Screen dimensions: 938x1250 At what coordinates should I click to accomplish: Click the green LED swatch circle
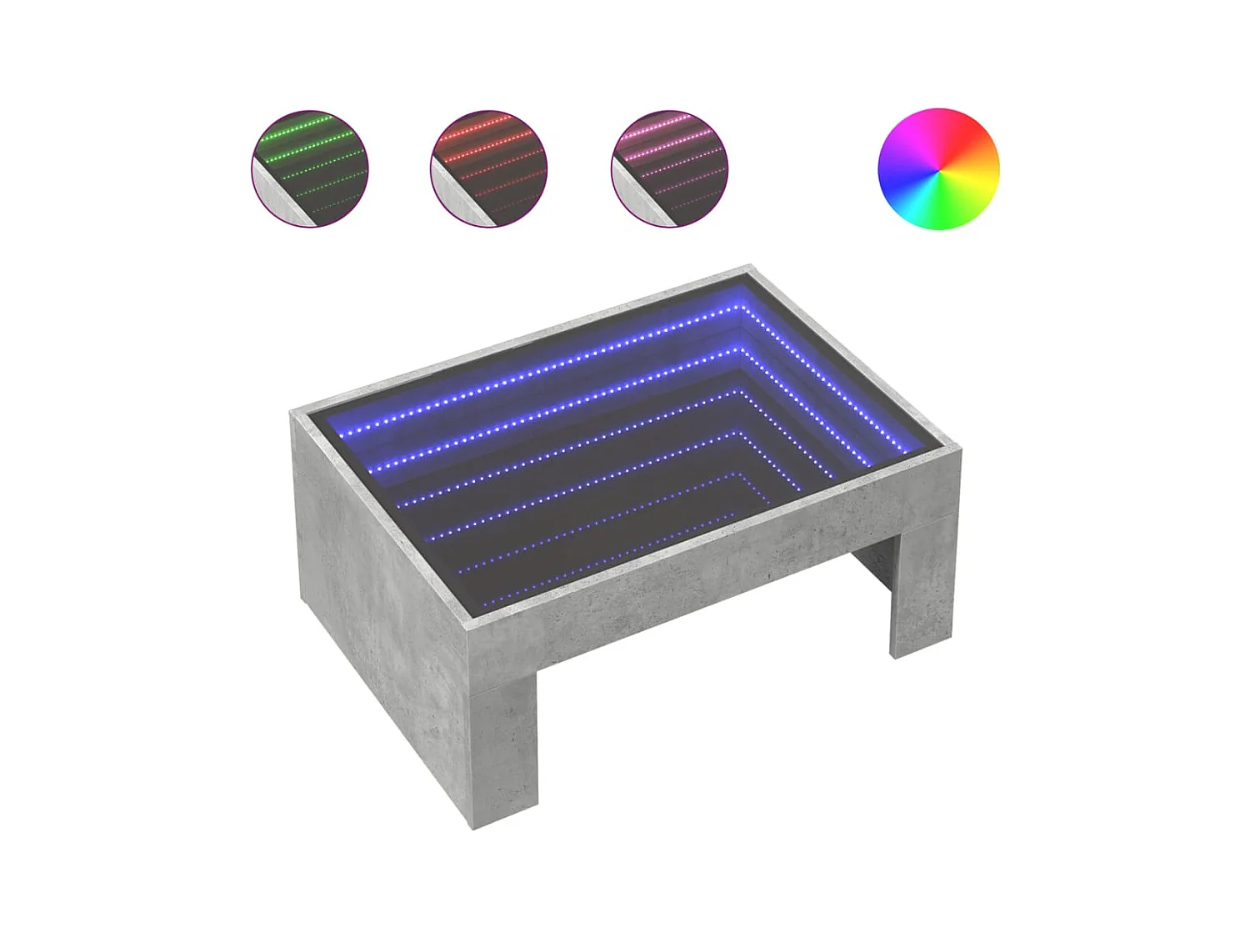(x=310, y=169)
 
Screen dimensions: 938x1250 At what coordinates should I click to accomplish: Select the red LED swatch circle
(x=489, y=169)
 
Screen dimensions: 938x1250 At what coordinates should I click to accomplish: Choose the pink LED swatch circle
(x=669, y=169)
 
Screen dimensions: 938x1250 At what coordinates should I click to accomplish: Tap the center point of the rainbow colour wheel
(x=938, y=169)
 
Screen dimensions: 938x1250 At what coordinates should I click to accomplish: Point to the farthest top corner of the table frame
(x=749, y=268)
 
